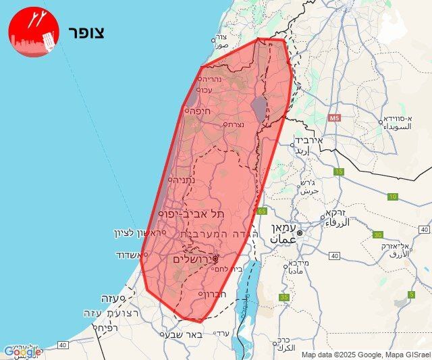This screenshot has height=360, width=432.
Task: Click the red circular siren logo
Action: tap(34, 31)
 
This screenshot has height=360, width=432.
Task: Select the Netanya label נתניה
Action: tap(184, 180)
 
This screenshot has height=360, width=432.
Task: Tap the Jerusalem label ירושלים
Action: tap(192, 259)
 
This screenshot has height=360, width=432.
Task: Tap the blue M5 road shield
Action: tap(334, 119)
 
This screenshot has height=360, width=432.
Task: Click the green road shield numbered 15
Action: tap(339, 172)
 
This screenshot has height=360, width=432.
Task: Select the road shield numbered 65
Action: tap(263, 211)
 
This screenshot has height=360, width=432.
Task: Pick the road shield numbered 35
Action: tap(285, 297)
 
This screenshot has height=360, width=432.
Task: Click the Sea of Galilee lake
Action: tap(259, 107)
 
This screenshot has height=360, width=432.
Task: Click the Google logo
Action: tap(22, 351)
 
